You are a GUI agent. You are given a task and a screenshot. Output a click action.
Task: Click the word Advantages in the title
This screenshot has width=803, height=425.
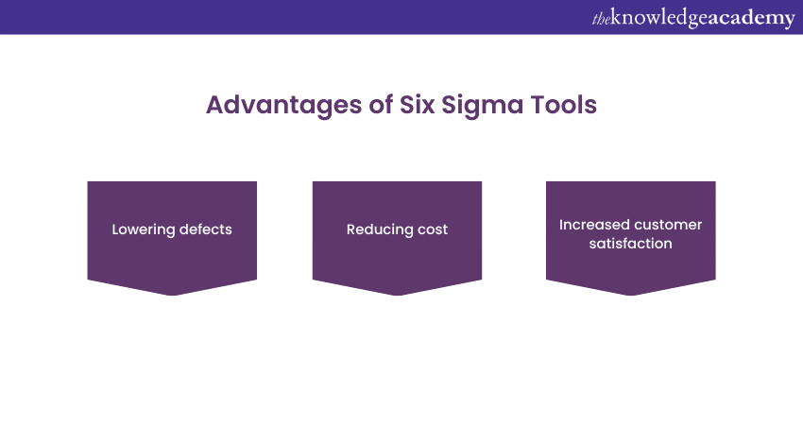tap(283, 106)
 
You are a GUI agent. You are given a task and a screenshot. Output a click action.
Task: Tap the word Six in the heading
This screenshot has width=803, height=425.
tap(417, 105)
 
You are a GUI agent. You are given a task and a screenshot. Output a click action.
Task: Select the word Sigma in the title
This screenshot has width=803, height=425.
tap(483, 106)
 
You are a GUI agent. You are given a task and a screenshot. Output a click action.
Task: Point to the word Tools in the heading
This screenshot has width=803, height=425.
tap(564, 105)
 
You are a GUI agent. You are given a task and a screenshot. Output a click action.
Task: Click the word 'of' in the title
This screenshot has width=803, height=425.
tap(381, 105)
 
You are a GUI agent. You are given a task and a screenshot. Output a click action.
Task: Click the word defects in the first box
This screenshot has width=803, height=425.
tap(205, 229)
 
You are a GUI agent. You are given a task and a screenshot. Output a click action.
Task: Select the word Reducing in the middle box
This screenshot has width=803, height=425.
tap(380, 229)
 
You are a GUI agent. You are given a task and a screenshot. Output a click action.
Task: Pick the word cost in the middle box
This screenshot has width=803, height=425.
tap(433, 229)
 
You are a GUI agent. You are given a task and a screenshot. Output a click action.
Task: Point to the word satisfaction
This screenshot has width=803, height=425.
tap(630, 244)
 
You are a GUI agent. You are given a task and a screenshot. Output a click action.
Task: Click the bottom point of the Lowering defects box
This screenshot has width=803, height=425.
tap(172, 296)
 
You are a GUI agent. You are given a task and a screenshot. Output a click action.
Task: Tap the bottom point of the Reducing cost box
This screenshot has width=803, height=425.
tap(397, 296)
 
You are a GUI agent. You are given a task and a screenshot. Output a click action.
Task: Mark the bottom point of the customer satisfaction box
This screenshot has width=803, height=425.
tap(631, 296)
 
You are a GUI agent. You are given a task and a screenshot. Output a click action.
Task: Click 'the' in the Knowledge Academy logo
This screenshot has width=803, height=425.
tap(601, 19)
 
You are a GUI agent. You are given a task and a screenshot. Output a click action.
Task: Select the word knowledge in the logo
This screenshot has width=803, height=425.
tap(659, 19)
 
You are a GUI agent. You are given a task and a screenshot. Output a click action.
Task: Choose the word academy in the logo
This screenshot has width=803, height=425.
tap(751, 19)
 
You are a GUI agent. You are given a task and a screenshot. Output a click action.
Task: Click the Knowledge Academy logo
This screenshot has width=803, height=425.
tap(693, 19)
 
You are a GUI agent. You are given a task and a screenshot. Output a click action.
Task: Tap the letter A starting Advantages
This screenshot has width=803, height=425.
tap(215, 105)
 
